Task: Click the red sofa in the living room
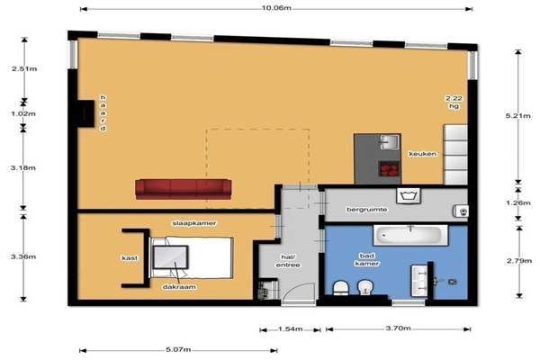[184, 189]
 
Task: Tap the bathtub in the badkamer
[410, 235]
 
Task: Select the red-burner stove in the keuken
[389, 169]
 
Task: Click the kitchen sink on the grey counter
[389, 142]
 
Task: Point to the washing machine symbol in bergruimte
[409, 195]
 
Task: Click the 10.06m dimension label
[276, 8]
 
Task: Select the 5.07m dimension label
[178, 350]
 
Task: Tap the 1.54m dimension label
[291, 329]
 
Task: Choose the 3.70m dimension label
[398, 328]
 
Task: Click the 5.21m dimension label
[518, 116]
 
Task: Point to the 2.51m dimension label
[24, 69]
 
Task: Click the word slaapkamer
[194, 223]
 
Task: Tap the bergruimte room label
[367, 210]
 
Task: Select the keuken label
[423, 154]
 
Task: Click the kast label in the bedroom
[130, 258]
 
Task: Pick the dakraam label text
[179, 287]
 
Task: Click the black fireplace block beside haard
[85, 113]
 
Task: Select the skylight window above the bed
[170, 257]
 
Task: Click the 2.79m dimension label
[519, 261]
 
